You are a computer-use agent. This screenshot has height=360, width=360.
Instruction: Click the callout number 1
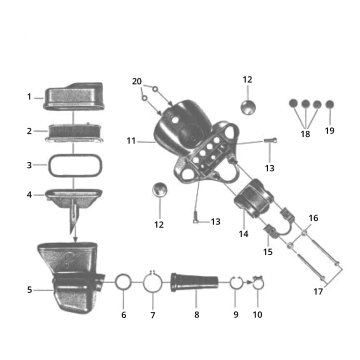(29, 97)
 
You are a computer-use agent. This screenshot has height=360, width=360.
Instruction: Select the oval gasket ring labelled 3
(68, 163)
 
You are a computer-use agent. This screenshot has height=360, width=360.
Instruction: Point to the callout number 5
(29, 290)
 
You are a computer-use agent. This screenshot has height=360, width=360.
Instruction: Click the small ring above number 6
(123, 282)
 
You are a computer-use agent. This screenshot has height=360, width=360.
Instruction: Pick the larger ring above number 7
(152, 283)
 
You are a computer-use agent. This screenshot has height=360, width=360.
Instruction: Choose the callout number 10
(257, 314)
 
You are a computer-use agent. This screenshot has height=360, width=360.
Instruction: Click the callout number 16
(312, 217)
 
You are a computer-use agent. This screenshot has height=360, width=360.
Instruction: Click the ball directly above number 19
(329, 104)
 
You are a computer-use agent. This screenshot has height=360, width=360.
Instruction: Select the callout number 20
(137, 80)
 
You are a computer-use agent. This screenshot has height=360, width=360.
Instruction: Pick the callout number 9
(236, 314)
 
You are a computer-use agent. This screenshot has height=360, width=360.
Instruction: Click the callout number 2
(29, 131)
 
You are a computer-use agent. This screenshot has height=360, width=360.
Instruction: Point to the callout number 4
(29, 194)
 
